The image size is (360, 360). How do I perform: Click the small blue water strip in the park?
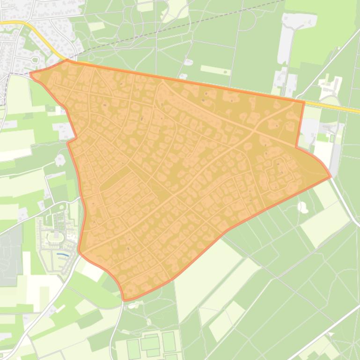[x=61, y=254]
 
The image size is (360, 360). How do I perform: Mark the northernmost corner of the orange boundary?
[x=67, y=60]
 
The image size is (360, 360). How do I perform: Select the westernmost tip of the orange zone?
[x=30, y=74]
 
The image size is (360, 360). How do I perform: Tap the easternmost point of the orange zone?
[x=331, y=177]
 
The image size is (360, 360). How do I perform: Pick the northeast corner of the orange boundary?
[x=304, y=101]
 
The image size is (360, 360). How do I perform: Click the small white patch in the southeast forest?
[x=303, y=207]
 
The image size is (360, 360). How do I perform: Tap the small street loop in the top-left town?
[x=35, y=59]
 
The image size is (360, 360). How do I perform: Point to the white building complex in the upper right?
[x=331, y=86]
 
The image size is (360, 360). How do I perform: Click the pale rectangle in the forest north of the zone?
[x=215, y=70]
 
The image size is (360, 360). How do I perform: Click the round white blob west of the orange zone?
[x=60, y=160]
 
